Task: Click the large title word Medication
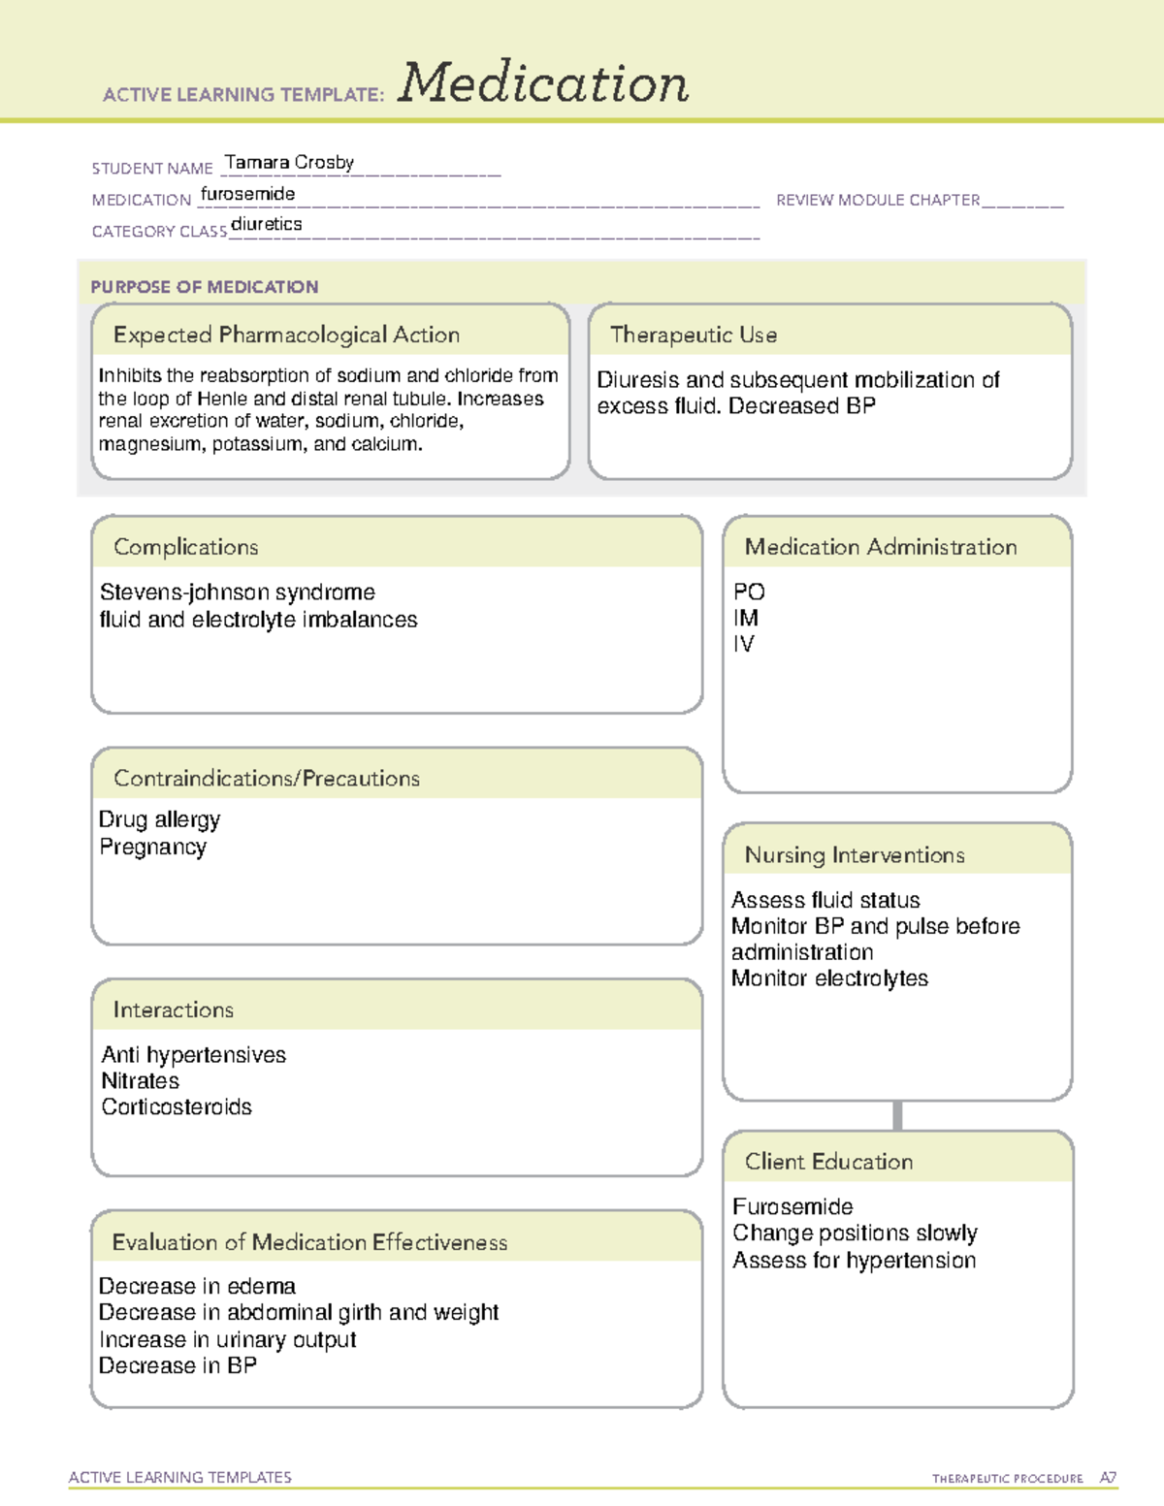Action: [543, 83]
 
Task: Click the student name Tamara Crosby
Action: [289, 163]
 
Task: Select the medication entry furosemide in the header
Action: [248, 194]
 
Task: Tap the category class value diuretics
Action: [267, 225]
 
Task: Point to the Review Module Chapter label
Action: [878, 200]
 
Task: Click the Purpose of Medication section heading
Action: [205, 287]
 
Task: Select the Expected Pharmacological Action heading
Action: [286, 336]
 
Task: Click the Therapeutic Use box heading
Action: [694, 336]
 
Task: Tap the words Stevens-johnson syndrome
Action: [238, 593]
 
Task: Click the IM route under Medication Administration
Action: [746, 618]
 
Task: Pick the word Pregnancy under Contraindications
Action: [153, 848]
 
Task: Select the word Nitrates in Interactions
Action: [141, 1081]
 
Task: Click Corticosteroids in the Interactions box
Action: [177, 1107]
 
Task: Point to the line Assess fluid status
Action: [825, 901]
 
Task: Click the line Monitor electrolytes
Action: [829, 978]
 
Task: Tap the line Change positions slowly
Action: [855, 1234]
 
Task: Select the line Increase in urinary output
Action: [228, 1340]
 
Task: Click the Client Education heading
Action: [828, 1162]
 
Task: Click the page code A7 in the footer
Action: [1108, 1478]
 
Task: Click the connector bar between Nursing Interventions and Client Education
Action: [897, 1115]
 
